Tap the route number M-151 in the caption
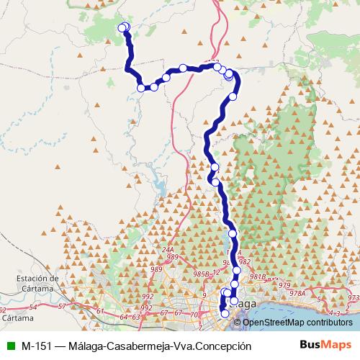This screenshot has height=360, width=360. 36,346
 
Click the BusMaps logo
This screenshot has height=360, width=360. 325,346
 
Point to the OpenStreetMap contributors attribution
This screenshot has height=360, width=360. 297,322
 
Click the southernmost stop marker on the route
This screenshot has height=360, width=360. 225,313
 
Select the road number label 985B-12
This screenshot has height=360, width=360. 206,274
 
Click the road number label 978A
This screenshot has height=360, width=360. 297,293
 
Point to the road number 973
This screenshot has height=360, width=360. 352,297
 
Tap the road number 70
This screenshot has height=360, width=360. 194,314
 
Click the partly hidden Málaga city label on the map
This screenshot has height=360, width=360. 246,305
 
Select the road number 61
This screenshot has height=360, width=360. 99,311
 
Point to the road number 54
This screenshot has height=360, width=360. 33,307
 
